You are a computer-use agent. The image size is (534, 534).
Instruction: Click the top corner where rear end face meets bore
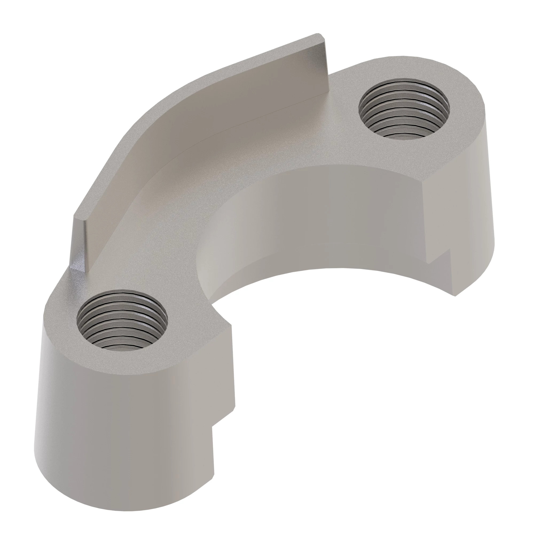click(x=424, y=181)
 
